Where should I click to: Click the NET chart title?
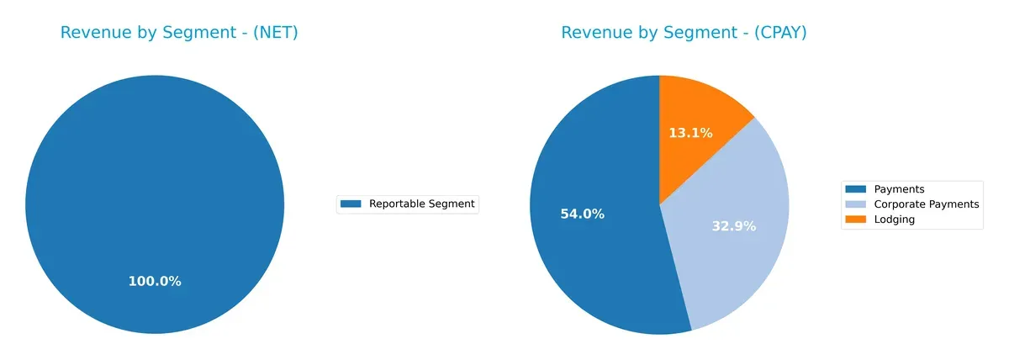click(179, 33)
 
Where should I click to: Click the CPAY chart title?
click(684, 33)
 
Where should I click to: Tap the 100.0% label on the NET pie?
click(155, 282)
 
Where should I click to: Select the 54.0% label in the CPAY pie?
click(582, 214)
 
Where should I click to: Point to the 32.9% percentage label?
click(734, 226)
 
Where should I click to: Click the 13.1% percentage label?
click(690, 133)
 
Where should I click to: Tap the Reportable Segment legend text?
click(421, 204)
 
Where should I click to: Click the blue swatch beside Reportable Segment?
click(351, 204)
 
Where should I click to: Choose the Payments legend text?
click(899, 189)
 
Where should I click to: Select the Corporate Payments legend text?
click(926, 204)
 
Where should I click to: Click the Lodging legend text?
click(894, 220)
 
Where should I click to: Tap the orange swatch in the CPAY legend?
click(855, 220)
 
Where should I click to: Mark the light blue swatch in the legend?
click(855, 204)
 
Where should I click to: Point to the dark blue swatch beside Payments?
click(855, 189)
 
